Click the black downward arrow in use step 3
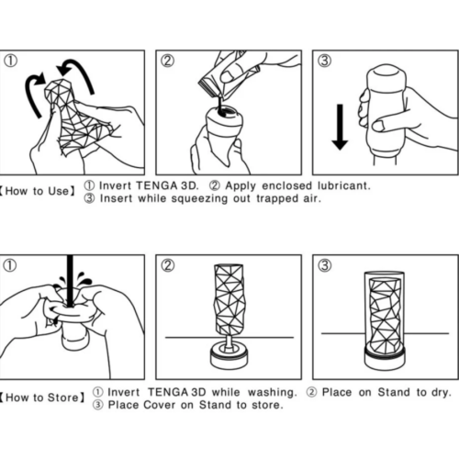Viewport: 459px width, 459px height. coord(339,127)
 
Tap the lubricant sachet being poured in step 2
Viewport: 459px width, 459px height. coord(218,73)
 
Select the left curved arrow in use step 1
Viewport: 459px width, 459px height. coord(35,95)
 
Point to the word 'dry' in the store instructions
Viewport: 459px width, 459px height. coord(439,392)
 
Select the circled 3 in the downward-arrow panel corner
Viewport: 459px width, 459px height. coord(324,62)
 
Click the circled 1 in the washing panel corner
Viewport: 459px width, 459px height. coord(11,266)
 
